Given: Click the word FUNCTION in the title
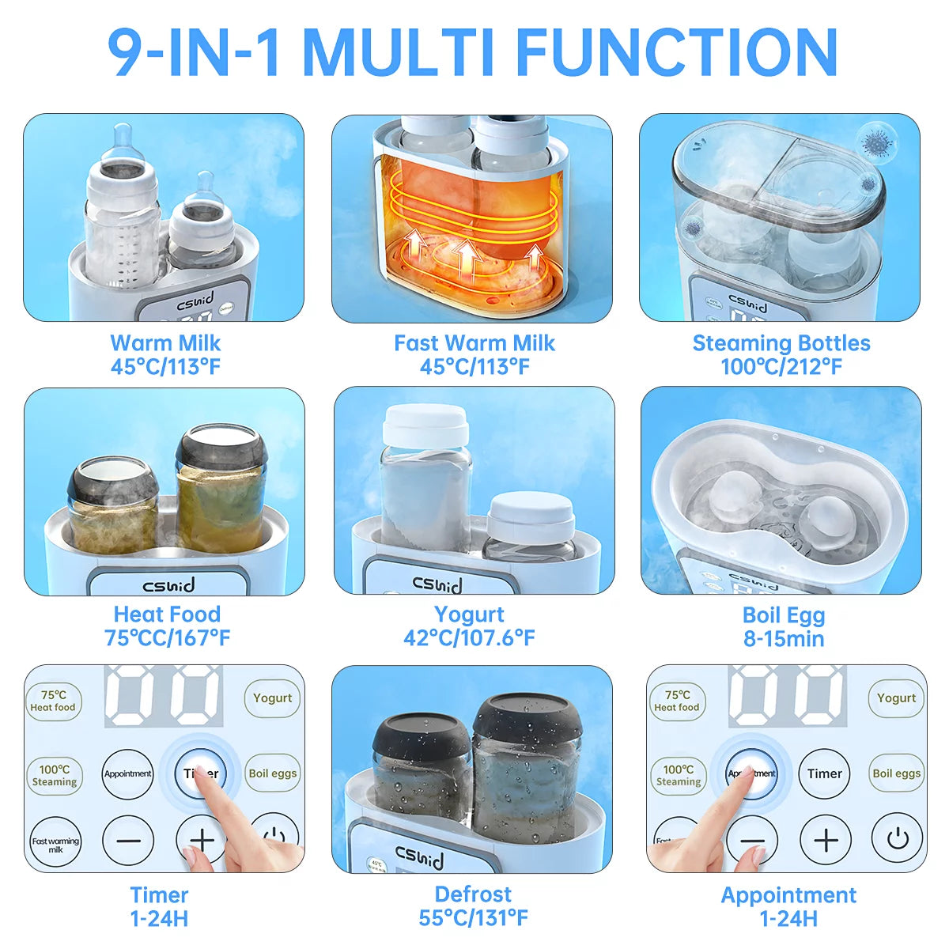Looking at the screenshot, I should pyautogui.click(x=676, y=52).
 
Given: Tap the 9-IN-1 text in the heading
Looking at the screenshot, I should pyautogui.click(x=195, y=52).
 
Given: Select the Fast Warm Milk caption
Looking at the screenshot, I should pyautogui.click(x=474, y=343).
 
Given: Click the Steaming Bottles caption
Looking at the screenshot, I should pyautogui.click(x=781, y=343).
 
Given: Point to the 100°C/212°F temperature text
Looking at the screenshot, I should pyautogui.click(x=781, y=367).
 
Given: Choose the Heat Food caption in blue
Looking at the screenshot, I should pyautogui.click(x=167, y=614).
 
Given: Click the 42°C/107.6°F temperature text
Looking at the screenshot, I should pyautogui.click(x=470, y=638).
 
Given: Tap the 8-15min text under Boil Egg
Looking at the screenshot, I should pyautogui.click(x=784, y=639).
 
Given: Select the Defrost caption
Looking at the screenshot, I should pyautogui.click(x=473, y=894).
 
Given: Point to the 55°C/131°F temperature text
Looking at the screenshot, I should pyautogui.click(x=473, y=918).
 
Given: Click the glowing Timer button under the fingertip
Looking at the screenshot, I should pyautogui.click(x=201, y=773).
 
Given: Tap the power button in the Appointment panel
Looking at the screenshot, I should pyautogui.click(x=898, y=838).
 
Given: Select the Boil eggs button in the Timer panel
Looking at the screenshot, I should pyautogui.click(x=273, y=773).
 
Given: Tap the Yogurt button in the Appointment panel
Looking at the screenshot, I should pyautogui.click(x=896, y=698).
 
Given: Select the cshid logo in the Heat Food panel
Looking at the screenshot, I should pyautogui.click(x=168, y=586).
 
